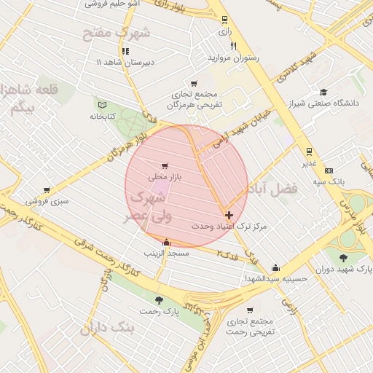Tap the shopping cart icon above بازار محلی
click(x=165, y=165)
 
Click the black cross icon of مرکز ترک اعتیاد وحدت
click(x=229, y=215)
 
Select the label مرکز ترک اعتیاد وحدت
click(x=229, y=227)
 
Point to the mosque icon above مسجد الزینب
click(x=167, y=242)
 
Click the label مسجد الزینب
click(x=167, y=254)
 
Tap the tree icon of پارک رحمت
click(x=160, y=300)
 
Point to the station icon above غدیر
click(x=310, y=152)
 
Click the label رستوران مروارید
click(x=234, y=57)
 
